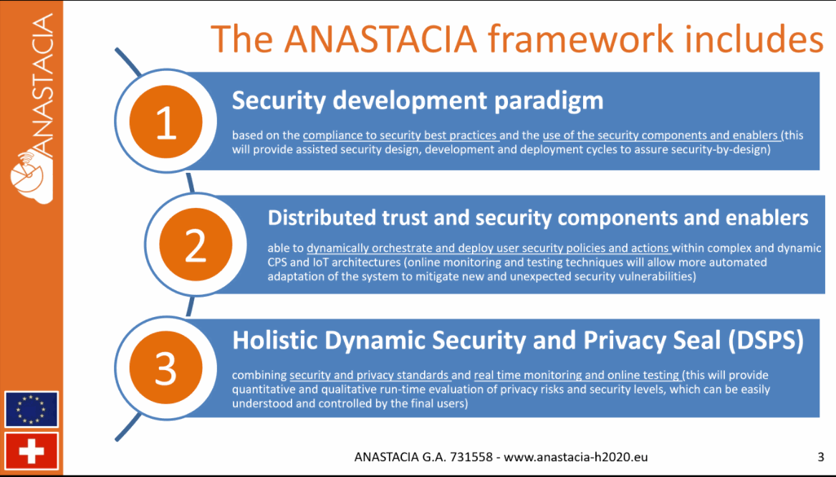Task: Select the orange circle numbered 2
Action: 195,246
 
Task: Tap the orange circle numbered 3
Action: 165,369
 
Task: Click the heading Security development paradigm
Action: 417,100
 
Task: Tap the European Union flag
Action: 32,410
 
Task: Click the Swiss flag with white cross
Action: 32,451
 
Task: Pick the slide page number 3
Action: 820,456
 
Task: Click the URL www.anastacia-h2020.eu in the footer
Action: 576,456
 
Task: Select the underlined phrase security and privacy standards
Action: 369,375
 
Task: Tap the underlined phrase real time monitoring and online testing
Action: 576,375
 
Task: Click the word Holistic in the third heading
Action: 274,341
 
